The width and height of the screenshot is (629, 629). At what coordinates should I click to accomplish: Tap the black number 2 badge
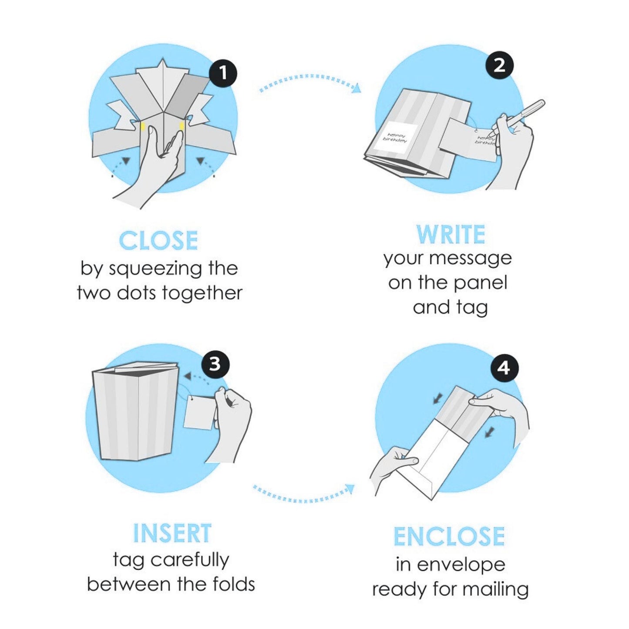[x=499, y=66]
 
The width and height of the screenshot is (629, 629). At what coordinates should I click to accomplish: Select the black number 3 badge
[x=215, y=364]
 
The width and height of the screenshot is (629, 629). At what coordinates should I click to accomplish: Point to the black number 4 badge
[x=505, y=369]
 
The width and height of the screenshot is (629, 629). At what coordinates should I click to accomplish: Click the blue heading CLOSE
[x=159, y=241]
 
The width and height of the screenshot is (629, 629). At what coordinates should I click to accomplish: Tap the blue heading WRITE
[x=451, y=234]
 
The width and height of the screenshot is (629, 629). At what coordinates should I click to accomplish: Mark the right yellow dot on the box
[x=182, y=126]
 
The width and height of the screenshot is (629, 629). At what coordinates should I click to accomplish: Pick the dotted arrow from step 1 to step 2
[x=310, y=78]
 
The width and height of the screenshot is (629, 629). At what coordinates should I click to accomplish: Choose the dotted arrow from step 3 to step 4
[x=303, y=499]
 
